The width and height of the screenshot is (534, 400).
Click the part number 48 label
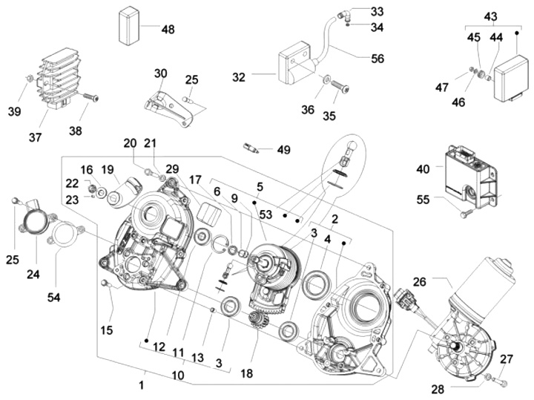click(168, 30)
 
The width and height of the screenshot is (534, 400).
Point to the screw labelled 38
click(90, 97)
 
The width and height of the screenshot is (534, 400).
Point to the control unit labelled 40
click(472, 175)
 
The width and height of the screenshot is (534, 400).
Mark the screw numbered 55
click(464, 214)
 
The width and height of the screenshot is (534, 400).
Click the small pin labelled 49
click(251, 148)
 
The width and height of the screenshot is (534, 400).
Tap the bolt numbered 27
click(499, 381)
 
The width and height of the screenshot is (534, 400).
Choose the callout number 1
click(141, 385)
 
